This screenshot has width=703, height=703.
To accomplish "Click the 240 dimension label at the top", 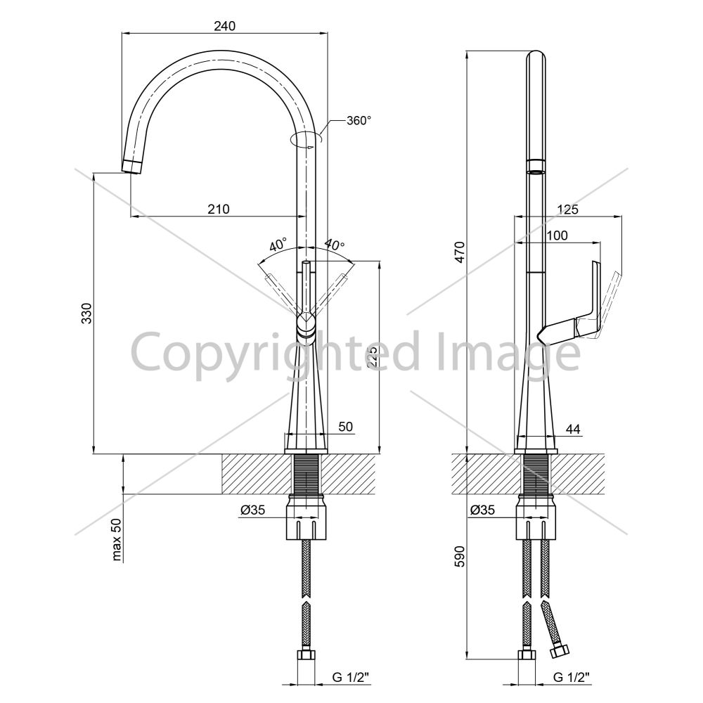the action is tap(224, 26).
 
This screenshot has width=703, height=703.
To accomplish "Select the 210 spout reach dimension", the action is tap(219, 209).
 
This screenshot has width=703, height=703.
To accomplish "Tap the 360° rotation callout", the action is tap(359, 121).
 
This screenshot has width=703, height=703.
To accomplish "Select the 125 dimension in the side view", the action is tap(567, 209).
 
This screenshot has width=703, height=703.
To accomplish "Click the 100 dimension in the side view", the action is tap(557, 236).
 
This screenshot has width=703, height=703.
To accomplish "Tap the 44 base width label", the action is tap(572, 430).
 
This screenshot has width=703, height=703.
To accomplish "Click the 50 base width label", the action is tap(346, 427).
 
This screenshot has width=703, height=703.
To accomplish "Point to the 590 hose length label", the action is tap(461, 556).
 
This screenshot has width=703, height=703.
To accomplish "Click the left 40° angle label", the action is tap(278, 245).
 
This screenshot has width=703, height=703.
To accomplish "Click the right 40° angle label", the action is tap(335, 245).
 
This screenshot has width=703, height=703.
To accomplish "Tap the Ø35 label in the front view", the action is tap(253, 510).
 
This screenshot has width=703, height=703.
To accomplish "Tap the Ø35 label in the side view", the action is tap(482, 510).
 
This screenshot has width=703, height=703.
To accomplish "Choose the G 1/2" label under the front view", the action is tap(351, 678).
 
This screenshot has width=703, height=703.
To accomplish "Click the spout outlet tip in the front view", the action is tap(132, 167).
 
